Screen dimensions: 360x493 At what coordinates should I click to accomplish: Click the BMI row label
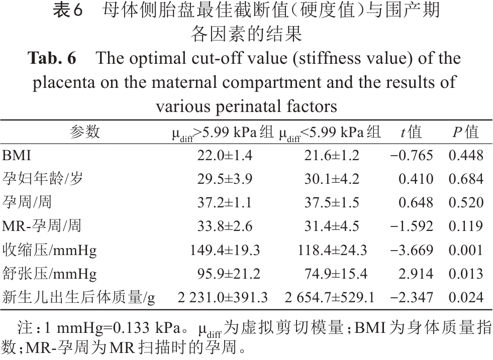tap(17, 156)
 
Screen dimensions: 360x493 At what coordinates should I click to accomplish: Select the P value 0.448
tap(466, 156)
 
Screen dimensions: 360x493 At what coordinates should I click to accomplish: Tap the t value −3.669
tap(411, 250)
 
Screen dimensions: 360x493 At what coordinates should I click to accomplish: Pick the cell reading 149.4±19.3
tap(225, 250)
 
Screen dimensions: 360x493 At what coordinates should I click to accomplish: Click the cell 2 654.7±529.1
tap(329, 298)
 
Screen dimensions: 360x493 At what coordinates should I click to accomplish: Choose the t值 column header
tap(411, 132)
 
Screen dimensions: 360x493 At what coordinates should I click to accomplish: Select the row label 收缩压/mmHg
tap(49, 250)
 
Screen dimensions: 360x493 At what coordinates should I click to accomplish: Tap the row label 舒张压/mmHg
tap(49, 274)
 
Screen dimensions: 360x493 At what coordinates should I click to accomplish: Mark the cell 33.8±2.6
tap(225, 226)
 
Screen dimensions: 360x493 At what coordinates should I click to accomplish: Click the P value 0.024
tap(466, 298)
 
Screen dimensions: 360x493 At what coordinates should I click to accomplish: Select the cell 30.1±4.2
tap(332, 179)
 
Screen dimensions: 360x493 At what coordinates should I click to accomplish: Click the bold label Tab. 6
tap(52, 59)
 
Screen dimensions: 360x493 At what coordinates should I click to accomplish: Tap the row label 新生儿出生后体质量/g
tap(78, 298)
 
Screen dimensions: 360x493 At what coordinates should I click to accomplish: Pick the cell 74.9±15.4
tap(332, 274)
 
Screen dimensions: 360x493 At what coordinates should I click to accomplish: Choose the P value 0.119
tap(466, 226)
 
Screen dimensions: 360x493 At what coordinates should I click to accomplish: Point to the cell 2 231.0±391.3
tap(223, 298)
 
